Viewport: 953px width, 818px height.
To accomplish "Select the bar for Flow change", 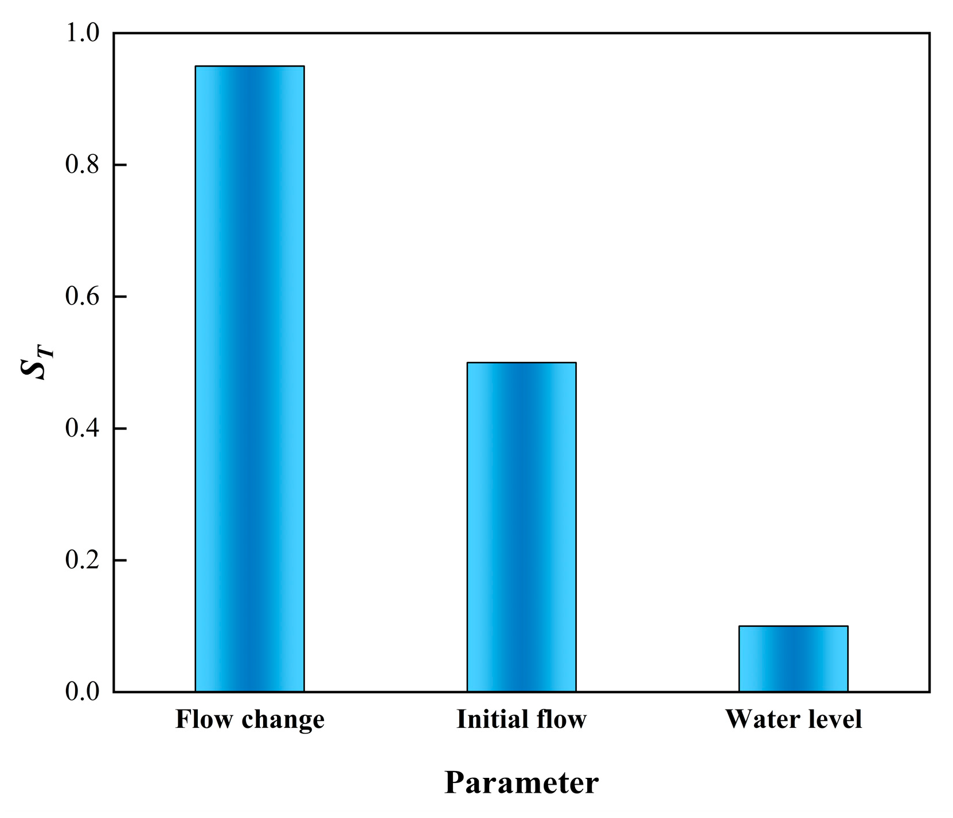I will coord(249,379).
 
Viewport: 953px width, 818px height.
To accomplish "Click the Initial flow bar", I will coord(521,527).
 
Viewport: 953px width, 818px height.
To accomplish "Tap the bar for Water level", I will coord(793,659).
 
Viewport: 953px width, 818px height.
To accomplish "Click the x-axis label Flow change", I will coord(249,719).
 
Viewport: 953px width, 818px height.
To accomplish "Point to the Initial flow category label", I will coord(521,719).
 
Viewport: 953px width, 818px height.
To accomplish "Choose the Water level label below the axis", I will coord(793,719).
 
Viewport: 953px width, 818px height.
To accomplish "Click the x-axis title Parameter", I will coord(521,782).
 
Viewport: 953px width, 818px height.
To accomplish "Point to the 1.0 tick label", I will coord(82,33).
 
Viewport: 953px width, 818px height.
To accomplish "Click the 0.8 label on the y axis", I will coord(82,165).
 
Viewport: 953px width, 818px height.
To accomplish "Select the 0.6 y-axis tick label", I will coord(82,297).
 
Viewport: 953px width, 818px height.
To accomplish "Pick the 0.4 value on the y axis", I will coord(82,429).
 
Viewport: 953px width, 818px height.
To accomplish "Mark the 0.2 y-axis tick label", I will coord(82,560).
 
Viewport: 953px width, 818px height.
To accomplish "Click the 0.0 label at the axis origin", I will coord(82,692).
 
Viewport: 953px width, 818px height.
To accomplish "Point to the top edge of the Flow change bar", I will coord(249,67).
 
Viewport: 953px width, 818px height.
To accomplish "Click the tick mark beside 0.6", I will coord(120,297).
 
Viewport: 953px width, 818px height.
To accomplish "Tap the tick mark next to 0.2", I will coord(120,560).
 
